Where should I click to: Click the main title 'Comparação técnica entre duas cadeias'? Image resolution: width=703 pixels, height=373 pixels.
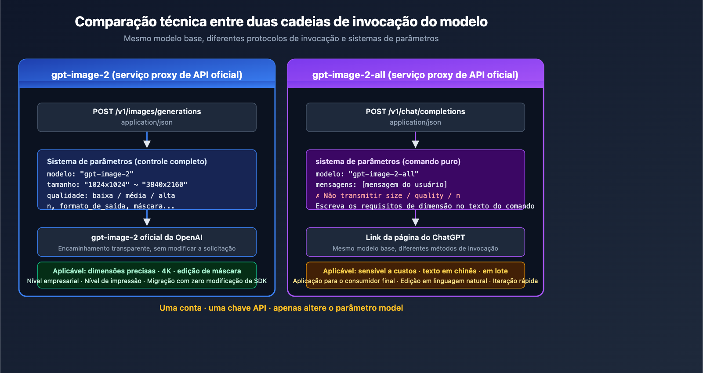coord(281,22)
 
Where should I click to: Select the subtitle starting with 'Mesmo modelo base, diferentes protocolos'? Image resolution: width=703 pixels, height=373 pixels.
coord(281,39)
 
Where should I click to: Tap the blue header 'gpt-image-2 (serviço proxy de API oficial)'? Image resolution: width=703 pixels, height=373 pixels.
coord(147,75)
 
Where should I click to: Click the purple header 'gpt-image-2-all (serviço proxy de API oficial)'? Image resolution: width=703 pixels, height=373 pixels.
coord(415,75)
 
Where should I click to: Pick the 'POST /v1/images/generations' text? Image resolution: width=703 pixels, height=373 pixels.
coord(147,111)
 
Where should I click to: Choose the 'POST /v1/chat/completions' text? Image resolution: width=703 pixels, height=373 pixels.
coord(415,111)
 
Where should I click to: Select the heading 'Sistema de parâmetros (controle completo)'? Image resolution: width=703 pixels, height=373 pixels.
coord(127,161)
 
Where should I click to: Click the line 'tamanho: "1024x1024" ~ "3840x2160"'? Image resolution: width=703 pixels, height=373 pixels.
coord(117,185)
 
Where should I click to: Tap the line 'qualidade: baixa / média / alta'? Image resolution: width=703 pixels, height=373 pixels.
coord(111,196)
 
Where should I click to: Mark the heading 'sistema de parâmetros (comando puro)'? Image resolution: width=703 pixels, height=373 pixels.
coord(388,161)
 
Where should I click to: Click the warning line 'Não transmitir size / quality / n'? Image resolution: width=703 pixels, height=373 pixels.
coord(388,196)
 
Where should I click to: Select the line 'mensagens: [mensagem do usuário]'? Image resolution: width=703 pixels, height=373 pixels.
coord(381,185)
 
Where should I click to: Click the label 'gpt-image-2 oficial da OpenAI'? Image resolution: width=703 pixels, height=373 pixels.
coord(147,237)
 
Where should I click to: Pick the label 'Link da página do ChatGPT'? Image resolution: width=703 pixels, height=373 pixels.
coord(415,237)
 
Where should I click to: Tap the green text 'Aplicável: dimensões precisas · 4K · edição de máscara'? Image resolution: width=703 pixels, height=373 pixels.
coord(147,271)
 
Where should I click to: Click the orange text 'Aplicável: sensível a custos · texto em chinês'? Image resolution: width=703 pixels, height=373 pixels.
coord(415,271)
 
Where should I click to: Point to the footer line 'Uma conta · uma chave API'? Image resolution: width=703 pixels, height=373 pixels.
coord(281,308)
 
